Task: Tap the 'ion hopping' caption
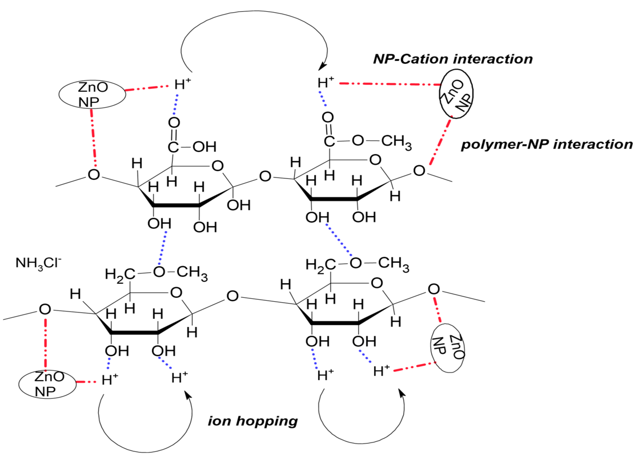coord(253,421)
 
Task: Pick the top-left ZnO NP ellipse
coord(92,94)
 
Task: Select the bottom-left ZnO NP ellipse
coord(47,384)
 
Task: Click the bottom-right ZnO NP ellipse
coord(447,348)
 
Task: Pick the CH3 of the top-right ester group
coord(396,142)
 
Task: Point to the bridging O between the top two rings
coord(265,177)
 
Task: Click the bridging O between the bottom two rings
coord(232,296)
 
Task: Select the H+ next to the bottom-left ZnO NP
coord(110,380)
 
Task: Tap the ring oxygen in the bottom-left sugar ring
coord(176,293)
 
